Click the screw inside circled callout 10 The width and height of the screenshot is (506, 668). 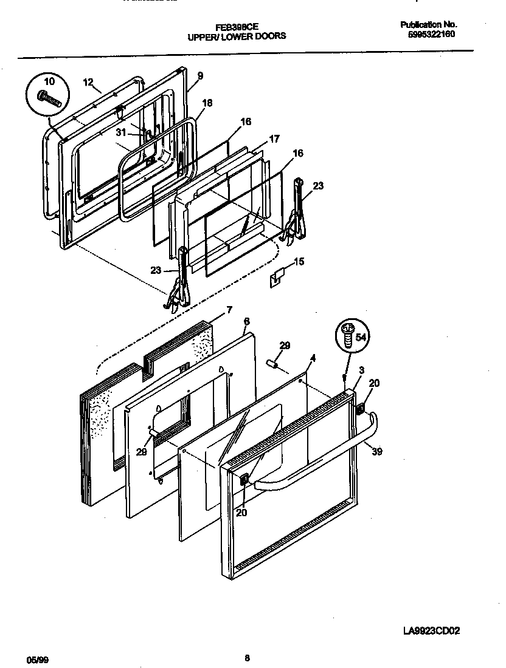tap(49, 97)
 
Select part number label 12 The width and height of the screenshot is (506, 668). tap(88, 82)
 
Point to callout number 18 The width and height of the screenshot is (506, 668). tap(207, 103)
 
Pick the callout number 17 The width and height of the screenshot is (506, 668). tap(274, 139)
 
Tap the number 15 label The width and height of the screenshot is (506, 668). tap(299, 262)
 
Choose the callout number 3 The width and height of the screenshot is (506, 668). tap(361, 370)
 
